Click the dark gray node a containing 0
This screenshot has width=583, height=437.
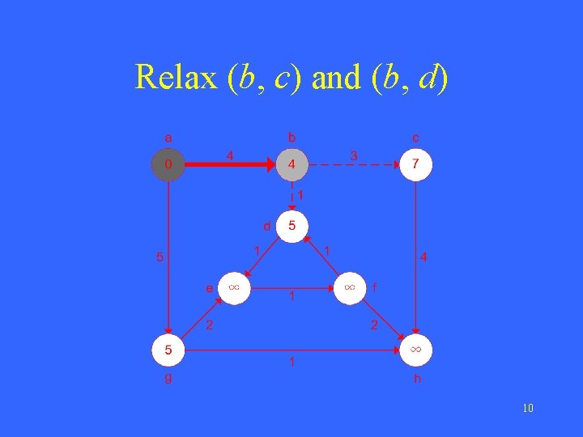point(168,165)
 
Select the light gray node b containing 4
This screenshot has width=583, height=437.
point(291,165)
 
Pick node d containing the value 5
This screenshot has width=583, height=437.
point(291,226)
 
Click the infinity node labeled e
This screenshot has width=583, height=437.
point(234,288)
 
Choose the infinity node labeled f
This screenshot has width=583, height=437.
point(350,288)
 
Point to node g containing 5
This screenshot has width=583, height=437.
point(168,350)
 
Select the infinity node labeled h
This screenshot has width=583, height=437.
point(415,350)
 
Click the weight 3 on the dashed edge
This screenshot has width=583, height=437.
point(353,154)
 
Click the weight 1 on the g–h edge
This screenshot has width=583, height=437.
point(291,362)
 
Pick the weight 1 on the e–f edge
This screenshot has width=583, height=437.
point(291,298)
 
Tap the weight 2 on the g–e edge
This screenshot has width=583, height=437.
point(209,325)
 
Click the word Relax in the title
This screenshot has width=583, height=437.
point(176,77)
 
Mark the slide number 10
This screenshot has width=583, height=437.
point(528,408)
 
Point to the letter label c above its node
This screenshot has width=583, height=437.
point(415,138)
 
